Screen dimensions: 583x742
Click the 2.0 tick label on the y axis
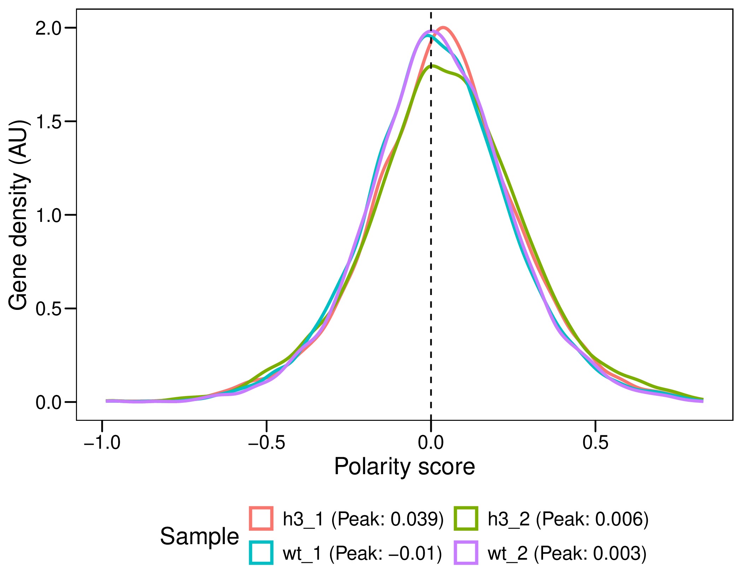tap(49, 28)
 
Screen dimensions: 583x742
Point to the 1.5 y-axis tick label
tap(49, 122)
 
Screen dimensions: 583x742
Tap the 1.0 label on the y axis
tap(49, 215)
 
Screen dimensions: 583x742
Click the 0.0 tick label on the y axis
tap(49, 402)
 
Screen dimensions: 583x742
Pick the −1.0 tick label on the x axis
tap(102, 443)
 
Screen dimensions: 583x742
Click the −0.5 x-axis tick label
tap(266, 443)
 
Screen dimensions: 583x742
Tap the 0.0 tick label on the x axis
tap(431, 443)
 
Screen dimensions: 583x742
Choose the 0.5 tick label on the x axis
tap(595, 443)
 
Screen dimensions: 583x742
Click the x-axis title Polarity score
tap(405, 467)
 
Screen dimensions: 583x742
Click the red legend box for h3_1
tap(261, 518)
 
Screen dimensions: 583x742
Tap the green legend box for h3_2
tap(466, 518)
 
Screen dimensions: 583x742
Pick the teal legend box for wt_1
tap(261, 553)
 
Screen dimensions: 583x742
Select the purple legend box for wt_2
tap(466, 553)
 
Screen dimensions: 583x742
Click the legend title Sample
tap(199, 536)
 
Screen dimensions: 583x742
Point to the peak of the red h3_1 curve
tap(443, 28)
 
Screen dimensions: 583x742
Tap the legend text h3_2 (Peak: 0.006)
tap(568, 519)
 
